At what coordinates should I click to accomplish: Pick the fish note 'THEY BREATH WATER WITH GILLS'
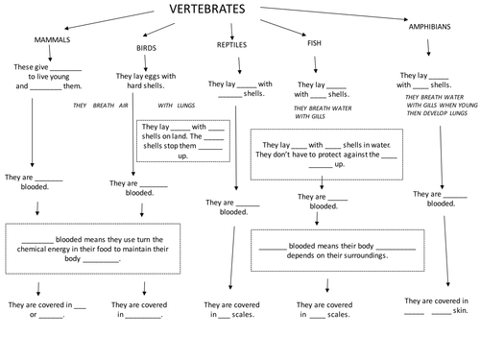pos(318,113)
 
